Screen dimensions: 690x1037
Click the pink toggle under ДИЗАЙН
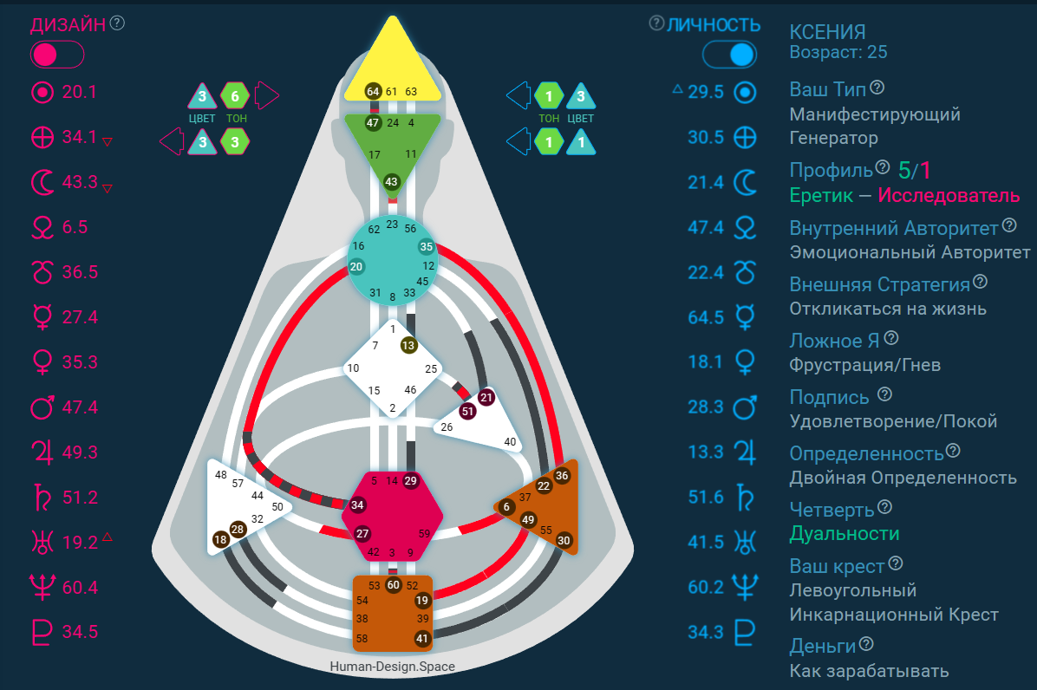pyautogui.click(x=57, y=55)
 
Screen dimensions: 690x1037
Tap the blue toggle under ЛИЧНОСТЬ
pyautogui.click(x=728, y=55)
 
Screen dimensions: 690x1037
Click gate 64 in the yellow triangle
pyautogui.click(x=373, y=91)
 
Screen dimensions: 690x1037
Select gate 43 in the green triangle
pyautogui.click(x=391, y=181)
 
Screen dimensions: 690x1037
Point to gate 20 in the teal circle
pyautogui.click(x=356, y=267)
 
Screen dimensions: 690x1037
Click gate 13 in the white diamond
pyautogui.click(x=408, y=345)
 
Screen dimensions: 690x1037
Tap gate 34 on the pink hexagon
pyautogui.click(x=358, y=504)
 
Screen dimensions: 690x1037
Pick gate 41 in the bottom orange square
pyautogui.click(x=422, y=639)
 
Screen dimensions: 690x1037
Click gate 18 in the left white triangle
pyautogui.click(x=220, y=539)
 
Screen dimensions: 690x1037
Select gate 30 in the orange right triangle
pyautogui.click(x=564, y=540)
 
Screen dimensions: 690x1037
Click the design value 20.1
pyautogui.click(x=80, y=92)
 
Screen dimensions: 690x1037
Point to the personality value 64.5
pyautogui.click(x=706, y=317)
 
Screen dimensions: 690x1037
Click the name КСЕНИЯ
pyautogui.click(x=827, y=32)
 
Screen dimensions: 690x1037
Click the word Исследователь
pyautogui.click(x=949, y=196)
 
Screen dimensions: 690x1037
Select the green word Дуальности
pyautogui.click(x=844, y=533)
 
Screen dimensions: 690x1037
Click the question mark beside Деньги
pyautogui.click(x=866, y=644)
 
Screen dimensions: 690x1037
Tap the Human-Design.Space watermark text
pyautogui.click(x=392, y=667)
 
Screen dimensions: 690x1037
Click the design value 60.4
pyautogui.click(x=80, y=588)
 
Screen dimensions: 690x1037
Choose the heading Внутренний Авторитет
pyautogui.click(x=894, y=228)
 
